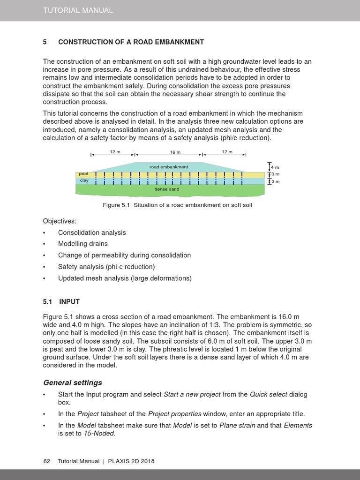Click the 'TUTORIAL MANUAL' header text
78,10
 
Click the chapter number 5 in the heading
45,42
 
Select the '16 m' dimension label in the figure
175,152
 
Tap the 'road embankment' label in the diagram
169,167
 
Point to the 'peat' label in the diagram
84,174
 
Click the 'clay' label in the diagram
84,180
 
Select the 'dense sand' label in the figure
167,189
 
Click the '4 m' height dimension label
275,167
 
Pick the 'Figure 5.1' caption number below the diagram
116,205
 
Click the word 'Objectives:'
60,221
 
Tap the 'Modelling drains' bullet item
82,244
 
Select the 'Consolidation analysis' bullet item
92,232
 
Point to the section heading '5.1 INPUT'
61,301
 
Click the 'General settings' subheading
72,382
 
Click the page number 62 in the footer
46,461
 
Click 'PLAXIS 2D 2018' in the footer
131,461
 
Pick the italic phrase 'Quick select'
269,394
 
